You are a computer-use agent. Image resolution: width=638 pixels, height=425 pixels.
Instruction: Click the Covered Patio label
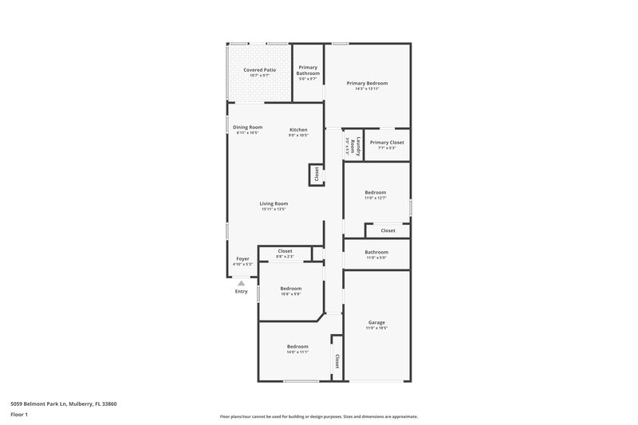tap(260, 70)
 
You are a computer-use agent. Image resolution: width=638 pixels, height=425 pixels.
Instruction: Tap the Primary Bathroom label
tap(308, 70)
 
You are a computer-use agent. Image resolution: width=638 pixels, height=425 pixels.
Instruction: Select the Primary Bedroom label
tap(367, 83)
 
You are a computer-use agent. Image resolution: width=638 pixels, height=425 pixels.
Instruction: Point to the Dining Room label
tap(247, 128)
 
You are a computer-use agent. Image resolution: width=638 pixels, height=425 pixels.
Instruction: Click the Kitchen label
tap(298, 130)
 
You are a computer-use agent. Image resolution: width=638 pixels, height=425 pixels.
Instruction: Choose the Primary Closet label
tap(387, 142)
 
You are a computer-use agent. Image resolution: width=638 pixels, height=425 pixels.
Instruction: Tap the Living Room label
tap(274, 203)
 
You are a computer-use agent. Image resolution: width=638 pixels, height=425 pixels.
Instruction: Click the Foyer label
tap(242, 258)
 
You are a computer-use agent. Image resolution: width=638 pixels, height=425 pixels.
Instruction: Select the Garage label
tap(376, 323)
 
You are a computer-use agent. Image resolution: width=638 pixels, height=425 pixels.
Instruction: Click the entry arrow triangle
tap(241, 282)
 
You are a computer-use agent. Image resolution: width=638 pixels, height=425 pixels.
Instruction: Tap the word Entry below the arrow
tap(241, 291)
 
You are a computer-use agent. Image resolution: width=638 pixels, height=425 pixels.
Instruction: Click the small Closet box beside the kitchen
tap(317, 174)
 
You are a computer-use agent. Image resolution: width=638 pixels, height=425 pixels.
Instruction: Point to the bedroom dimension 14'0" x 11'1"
tap(297, 352)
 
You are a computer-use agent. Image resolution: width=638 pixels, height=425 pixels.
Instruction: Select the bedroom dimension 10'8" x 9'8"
tap(291, 294)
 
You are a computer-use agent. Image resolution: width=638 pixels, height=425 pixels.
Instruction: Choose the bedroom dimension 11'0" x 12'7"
tap(376, 198)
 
